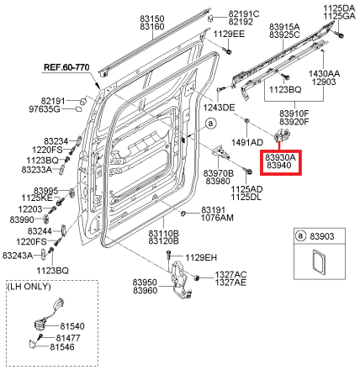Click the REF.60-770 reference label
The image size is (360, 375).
point(66,67)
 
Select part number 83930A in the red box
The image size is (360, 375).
point(280,157)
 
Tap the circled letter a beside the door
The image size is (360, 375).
point(210,124)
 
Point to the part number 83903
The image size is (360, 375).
point(322,236)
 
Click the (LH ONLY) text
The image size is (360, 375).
point(29,287)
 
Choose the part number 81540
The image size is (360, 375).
point(72,326)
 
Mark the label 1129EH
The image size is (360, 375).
point(201,257)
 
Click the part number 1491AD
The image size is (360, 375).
point(247,142)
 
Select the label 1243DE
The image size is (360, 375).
point(219,108)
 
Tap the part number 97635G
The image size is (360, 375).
point(45,109)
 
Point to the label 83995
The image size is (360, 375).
point(46,191)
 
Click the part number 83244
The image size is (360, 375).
point(40,231)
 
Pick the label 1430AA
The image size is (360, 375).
point(324,74)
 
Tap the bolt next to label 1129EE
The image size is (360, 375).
point(227,51)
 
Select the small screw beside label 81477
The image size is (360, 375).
point(40,336)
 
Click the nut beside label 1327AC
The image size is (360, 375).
point(196,278)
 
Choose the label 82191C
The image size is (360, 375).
point(244,13)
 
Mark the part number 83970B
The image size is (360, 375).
point(219,173)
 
